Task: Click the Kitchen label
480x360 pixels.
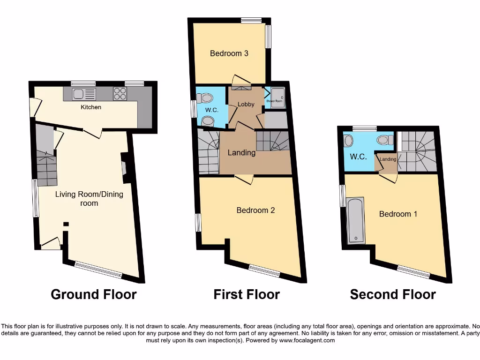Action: [91, 107]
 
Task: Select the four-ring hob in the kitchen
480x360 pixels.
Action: [120, 94]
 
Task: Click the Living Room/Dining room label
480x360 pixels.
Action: [89, 199]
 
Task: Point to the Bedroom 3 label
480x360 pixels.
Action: [229, 53]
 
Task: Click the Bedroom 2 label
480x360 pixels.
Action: [255, 210]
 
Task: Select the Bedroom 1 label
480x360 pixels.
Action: [398, 214]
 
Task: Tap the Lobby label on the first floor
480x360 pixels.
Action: [246, 104]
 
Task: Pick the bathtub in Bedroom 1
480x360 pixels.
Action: [355, 220]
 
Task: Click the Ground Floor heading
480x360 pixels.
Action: [93, 294]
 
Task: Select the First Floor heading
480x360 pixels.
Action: [247, 294]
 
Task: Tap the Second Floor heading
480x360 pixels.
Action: [393, 294]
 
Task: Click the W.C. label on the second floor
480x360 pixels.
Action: [359, 157]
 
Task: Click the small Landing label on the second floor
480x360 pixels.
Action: [388, 159]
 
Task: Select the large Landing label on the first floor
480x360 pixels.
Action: [241, 153]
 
